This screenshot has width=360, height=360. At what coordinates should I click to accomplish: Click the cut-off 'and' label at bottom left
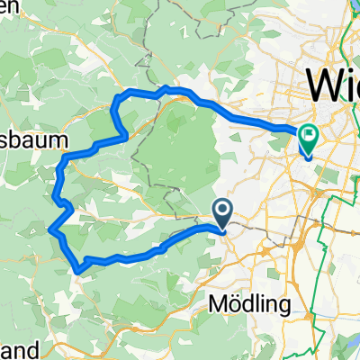click(18, 348)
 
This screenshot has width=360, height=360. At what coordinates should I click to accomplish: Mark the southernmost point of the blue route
click(80, 269)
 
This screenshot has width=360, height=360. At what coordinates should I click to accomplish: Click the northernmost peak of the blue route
click(165, 87)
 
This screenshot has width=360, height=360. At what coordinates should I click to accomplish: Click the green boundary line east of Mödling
click(325, 270)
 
